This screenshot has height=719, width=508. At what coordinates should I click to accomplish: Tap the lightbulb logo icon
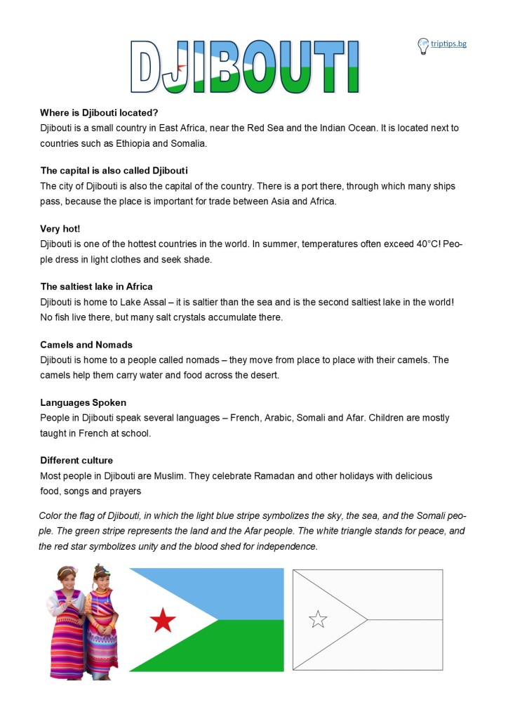[423, 46]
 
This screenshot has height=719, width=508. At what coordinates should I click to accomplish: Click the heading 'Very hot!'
[60, 228]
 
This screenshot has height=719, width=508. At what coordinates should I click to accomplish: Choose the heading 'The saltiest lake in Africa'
[97, 286]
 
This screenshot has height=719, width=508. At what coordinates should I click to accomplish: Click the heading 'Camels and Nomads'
[86, 345]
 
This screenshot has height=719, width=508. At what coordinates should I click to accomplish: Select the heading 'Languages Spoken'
[83, 402]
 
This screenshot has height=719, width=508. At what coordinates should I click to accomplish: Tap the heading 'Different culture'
[76, 461]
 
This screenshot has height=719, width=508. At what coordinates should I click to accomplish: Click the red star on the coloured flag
[163, 619]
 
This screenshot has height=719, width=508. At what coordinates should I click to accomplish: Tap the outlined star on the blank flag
[318, 619]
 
